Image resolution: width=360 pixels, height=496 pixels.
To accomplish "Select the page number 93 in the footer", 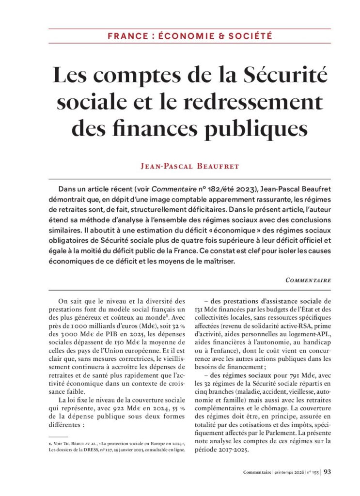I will coord(327,472).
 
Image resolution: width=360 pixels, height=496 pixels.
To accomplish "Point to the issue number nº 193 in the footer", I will coord(312,472).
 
